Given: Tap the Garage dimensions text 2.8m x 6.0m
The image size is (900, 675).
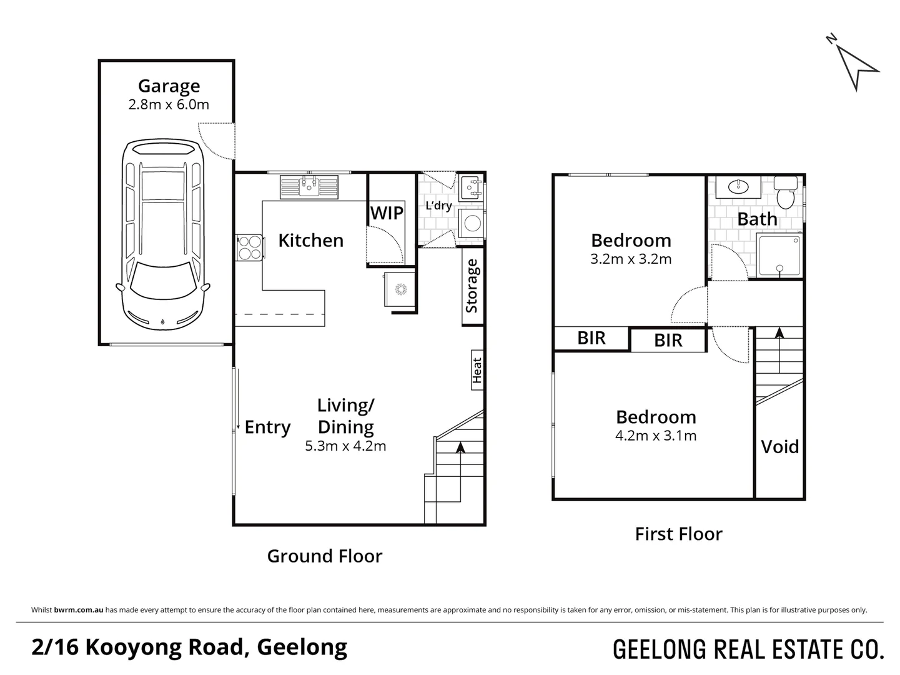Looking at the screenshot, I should (169, 104).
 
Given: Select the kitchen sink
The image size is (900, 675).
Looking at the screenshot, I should (309, 186).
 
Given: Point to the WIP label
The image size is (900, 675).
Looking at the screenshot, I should (387, 213).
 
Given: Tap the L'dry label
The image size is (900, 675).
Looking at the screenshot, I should (438, 206).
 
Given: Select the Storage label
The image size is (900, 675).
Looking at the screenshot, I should (472, 286).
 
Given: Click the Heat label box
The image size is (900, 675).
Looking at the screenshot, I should (477, 370).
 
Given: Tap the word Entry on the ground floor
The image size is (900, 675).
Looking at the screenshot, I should (267, 427).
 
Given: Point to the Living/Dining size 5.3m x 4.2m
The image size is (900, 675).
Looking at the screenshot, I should (345, 446).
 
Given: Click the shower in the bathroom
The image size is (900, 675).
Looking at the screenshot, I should (779, 256).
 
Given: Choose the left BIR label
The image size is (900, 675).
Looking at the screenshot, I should (591, 338).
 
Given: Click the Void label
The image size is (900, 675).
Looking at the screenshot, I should (779, 447).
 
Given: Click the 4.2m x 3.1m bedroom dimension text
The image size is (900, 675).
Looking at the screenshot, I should (656, 436).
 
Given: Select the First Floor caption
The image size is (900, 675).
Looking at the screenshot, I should (678, 534).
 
